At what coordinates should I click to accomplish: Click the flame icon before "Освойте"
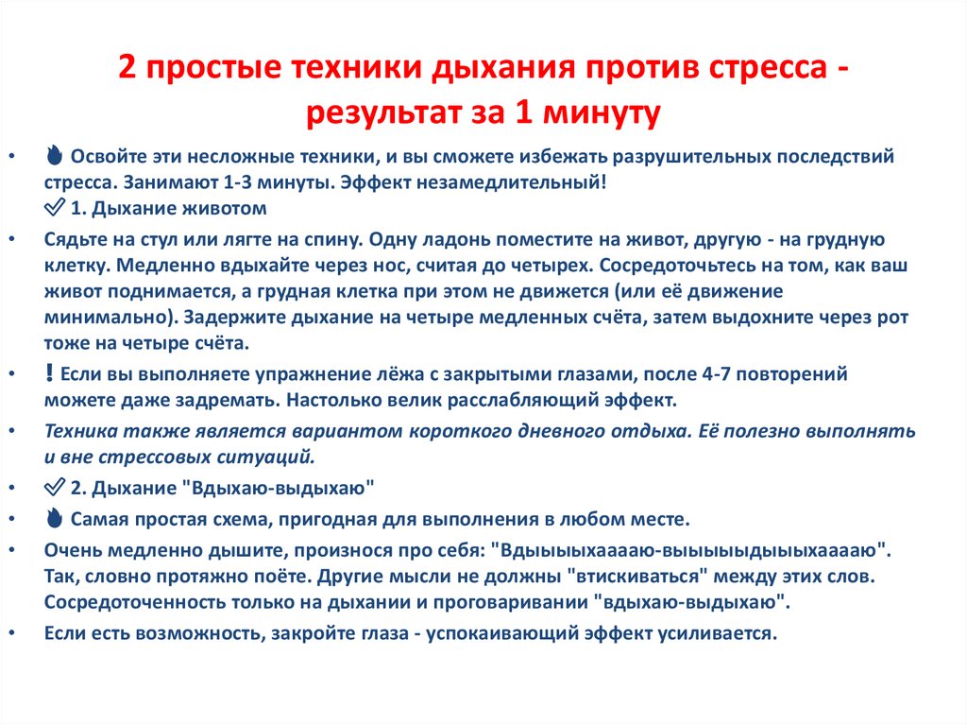(x=55, y=156)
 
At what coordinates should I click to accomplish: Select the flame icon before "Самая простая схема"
(x=55, y=519)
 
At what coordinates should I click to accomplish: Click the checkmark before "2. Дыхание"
(x=55, y=488)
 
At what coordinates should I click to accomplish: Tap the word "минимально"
(x=103, y=317)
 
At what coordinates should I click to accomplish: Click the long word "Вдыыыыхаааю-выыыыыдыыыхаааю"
(x=693, y=549)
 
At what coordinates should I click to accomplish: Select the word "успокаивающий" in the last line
(x=490, y=632)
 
